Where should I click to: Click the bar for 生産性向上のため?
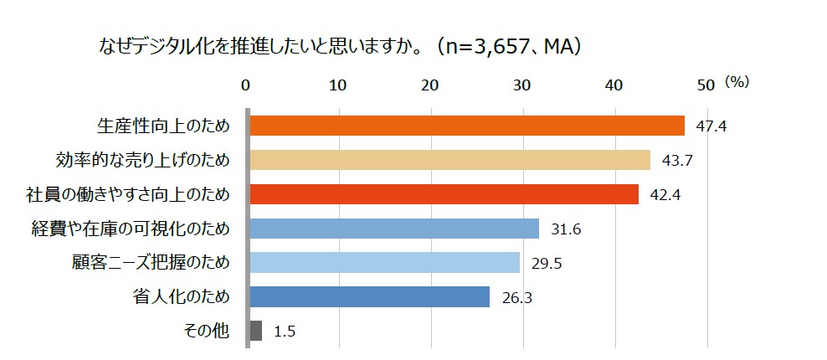466,126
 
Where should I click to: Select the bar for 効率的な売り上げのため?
449,160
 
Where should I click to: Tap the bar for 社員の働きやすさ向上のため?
444,194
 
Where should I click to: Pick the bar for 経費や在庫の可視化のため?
393,229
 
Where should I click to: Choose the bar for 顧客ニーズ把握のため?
384,263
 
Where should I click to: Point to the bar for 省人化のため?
369,296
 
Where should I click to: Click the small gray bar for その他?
256,331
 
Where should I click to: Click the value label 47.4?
710,126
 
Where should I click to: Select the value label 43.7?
676,161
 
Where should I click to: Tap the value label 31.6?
566,229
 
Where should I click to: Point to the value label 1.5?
285,332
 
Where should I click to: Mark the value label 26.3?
517,297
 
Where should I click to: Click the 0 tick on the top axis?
246,85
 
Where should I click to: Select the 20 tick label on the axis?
430,85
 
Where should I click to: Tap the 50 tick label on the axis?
706,85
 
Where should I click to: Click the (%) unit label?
737,82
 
